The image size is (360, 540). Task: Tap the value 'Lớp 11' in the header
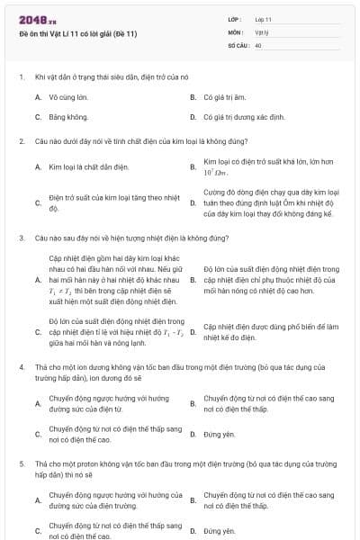263,19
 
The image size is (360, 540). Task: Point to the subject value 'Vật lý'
261,31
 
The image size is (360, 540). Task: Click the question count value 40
258,44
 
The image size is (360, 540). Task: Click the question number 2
21,141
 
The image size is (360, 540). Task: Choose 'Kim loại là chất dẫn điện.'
89,166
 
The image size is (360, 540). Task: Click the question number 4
21,368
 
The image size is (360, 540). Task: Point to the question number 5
21,463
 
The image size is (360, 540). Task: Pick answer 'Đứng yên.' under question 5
219,531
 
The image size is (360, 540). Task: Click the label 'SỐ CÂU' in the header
237,44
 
